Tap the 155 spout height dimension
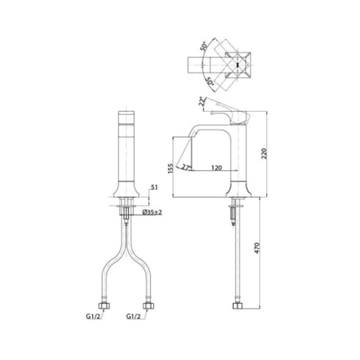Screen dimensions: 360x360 (x=170, y=168)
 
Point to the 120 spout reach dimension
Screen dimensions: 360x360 (x=216, y=168)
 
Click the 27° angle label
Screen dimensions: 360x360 (x=186, y=167)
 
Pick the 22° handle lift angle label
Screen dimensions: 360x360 (x=202, y=101)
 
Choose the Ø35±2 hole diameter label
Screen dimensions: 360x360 (x=152, y=212)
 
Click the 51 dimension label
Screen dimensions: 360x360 (x=154, y=187)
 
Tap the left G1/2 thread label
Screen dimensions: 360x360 (x=93, y=316)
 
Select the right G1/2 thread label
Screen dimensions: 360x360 (x=133, y=316)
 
